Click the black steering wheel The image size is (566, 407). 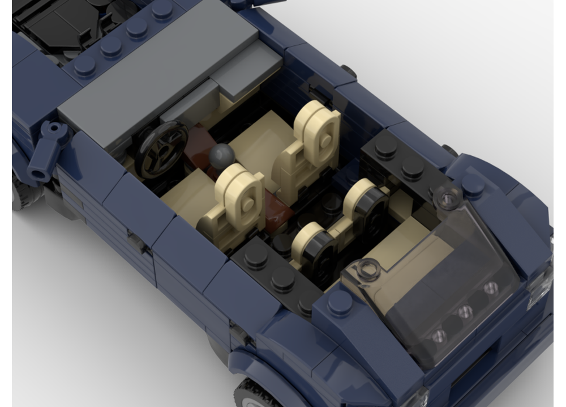(x=161, y=147)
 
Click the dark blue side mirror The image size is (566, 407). (x=49, y=150)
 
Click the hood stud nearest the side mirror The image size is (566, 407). (x=84, y=67)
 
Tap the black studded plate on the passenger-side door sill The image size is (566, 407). (x=396, y=158)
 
